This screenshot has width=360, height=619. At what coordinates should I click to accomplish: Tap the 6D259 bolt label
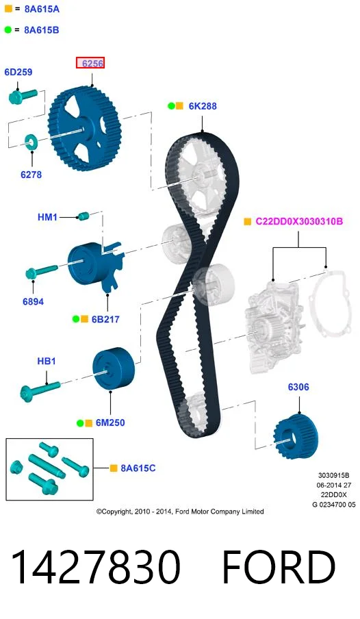coord(18,72)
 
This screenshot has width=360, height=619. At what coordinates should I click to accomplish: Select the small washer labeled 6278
coord(31,140)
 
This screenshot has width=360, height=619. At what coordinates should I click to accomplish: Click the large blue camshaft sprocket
coord(84,129)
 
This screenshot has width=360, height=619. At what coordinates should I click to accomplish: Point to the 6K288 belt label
coord(203,106)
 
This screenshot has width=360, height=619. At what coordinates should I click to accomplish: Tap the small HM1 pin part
coord(83,216)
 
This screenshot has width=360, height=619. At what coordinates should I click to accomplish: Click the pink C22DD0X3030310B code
coord(299,221)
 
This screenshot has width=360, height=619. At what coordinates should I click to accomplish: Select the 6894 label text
coord(33,301)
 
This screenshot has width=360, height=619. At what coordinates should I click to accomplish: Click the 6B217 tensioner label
coord(105,319)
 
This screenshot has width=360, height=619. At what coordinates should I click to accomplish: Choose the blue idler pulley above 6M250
coord(114,368)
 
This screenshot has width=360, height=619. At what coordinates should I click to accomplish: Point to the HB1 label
coord(46,362)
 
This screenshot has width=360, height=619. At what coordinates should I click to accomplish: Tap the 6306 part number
coord(298,387)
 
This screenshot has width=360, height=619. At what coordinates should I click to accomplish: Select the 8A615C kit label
coord(138,468)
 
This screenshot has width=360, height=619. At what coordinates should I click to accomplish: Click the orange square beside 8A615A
coord(8,8)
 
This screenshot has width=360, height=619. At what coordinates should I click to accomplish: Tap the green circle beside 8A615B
coord(8,29)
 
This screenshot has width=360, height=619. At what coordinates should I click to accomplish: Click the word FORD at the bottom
coord(279,566)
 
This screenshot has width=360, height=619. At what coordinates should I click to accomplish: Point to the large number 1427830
coord(96,566)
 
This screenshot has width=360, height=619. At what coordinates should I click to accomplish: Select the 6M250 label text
coord(110,422)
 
